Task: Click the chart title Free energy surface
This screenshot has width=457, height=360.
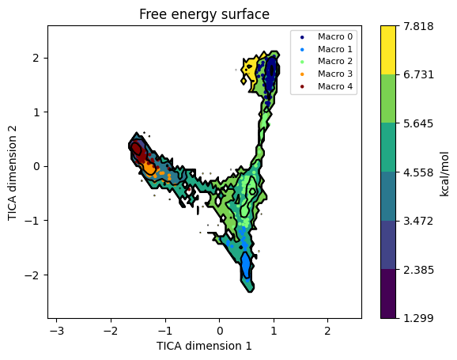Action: coord(204,14)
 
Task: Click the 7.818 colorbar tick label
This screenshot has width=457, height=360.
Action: coord(418,26)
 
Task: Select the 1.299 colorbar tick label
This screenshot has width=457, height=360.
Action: coord(418,318)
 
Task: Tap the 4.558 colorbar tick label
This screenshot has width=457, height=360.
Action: coord(418,172)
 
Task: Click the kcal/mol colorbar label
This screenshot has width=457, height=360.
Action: coord(444,174)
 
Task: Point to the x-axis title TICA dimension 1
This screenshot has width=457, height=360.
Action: coord(204,346)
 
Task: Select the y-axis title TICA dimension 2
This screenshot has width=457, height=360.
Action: coord(12,173)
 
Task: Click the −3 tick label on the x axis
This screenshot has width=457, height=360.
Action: coord(57,331)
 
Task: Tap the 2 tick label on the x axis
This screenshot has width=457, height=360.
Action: coord(327,331)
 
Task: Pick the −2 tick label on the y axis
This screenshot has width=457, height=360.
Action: coord(32,275)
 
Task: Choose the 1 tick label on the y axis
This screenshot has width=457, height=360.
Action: coord(36,112)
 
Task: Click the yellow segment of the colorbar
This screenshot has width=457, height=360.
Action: coord(388,50)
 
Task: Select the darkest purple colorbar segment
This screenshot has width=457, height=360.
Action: coord(388,294)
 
